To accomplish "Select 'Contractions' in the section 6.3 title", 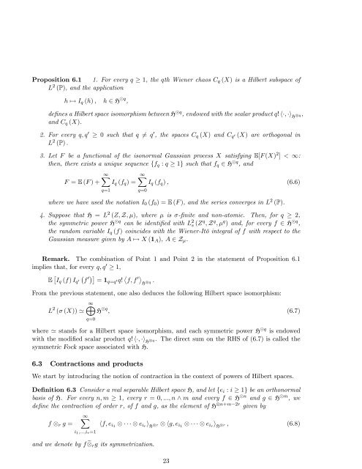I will tap(100, 340).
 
